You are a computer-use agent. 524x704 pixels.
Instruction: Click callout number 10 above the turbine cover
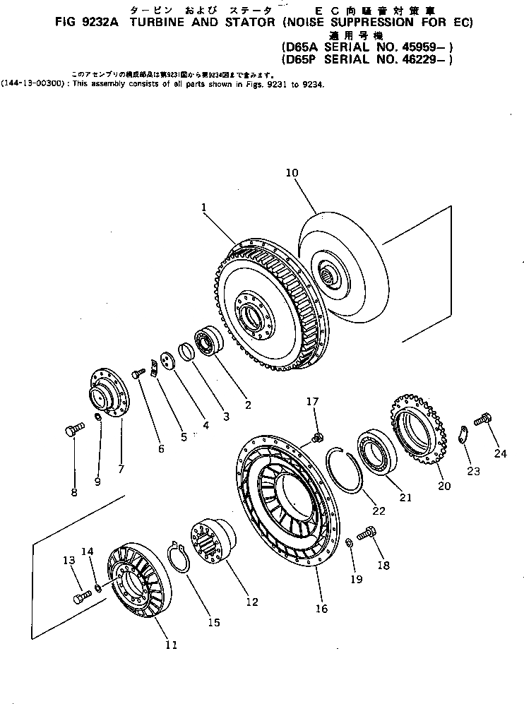pos(293,172)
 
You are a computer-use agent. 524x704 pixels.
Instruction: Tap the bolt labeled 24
pos(482,420)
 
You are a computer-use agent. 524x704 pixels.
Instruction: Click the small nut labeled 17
pos(317,438)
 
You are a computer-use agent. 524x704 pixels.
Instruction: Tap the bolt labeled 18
pos(368,535)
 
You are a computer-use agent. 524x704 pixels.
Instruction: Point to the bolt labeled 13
pos(79,598)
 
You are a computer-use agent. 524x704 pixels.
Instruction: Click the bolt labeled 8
pos(72,430)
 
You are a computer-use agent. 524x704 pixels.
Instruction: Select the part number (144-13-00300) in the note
pos(35,83)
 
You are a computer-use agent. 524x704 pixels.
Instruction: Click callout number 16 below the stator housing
pos(321,608)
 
